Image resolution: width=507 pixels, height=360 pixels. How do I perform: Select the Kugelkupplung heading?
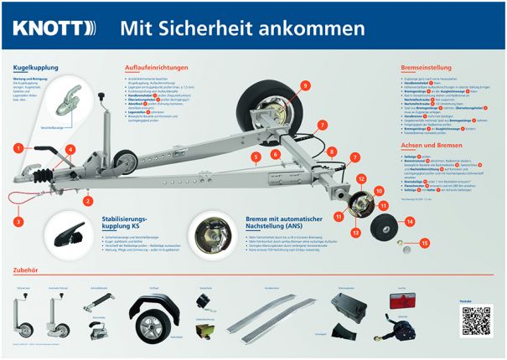click(x=35, y=66)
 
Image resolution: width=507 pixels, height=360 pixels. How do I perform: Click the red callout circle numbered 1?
click(x=17, y=148)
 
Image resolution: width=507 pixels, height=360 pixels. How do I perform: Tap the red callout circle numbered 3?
click(x=18, y=222)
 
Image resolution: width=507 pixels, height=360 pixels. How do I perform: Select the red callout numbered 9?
click(x=305, y=85)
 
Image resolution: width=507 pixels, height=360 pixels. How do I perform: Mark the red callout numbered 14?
click(x=410, y=222)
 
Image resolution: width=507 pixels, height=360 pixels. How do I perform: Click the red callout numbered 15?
click(x=424, y=243)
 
